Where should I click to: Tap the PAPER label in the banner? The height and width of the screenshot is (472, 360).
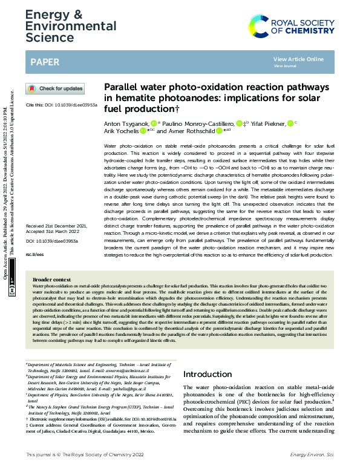point(45,62)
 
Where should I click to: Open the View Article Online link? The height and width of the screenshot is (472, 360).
point(298,59)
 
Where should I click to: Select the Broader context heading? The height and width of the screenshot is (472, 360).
point(51,280)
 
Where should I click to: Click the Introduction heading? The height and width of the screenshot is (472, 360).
point(207,375)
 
